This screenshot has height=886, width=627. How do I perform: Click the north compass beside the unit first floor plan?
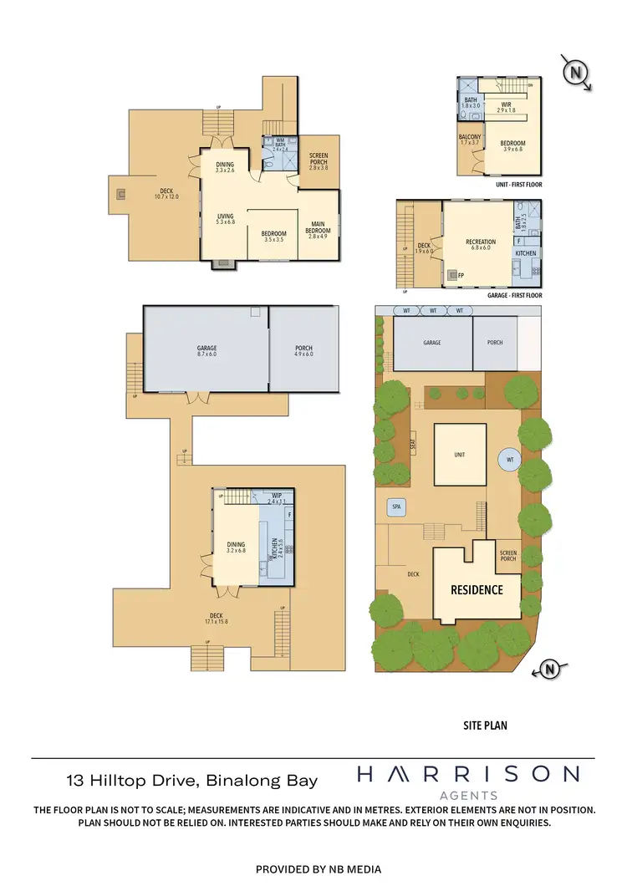coord(575,73)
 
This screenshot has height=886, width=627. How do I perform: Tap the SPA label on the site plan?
coord(395,507)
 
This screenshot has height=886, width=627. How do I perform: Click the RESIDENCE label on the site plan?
coord(477,589)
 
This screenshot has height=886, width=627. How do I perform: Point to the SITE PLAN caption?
coord(485,726)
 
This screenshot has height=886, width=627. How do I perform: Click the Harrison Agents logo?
coord(467,782)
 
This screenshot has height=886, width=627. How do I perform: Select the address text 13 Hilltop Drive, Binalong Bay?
coord(192,781)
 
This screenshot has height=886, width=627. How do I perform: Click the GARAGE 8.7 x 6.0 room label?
coord(206,351)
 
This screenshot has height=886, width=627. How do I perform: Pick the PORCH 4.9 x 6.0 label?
coord(303,351)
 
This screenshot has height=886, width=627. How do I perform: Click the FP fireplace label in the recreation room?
coord(461,274)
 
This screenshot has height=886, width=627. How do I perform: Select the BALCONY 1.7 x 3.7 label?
coord(470,140)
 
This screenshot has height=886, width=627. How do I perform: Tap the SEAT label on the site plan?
coord(413,445)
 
